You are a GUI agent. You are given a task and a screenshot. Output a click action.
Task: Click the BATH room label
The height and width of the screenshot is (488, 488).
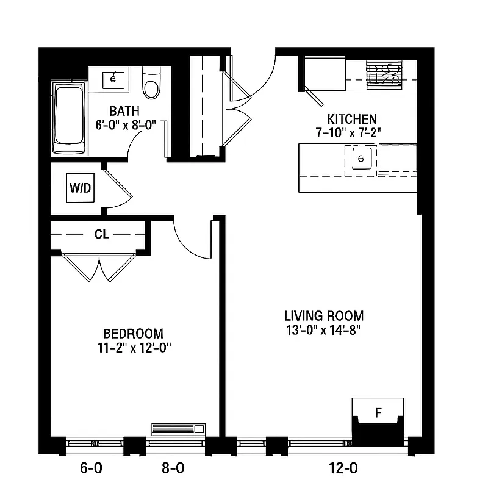coord(125,112)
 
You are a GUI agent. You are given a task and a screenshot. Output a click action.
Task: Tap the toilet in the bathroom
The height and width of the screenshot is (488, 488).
coord(150,84)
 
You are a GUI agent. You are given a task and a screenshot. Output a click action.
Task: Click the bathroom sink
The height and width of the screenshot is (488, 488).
coord(113,79)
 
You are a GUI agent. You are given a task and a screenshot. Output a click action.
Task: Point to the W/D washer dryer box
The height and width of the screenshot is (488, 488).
coord(80,188)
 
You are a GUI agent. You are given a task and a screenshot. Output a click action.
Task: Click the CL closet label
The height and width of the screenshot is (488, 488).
coord(102,234)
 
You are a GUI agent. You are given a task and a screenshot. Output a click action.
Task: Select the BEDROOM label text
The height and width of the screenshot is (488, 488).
coord(133,334)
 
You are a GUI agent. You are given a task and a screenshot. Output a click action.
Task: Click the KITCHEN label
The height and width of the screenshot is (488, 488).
coord(352,119)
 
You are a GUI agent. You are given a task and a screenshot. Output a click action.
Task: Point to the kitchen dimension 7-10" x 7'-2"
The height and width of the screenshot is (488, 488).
coord(352,132)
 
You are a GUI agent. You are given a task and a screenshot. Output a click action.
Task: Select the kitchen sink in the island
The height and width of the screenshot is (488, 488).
coord(361,159)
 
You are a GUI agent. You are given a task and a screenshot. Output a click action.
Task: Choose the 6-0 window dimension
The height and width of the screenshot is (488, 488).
coord(91,468)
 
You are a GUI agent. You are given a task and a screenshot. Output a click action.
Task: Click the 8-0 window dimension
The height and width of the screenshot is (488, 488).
coord(173,468)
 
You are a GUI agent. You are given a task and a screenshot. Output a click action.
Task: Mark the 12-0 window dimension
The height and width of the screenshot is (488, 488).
coord(344,468)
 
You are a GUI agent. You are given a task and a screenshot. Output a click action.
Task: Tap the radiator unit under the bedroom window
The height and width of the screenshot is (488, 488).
coord(179,429)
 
